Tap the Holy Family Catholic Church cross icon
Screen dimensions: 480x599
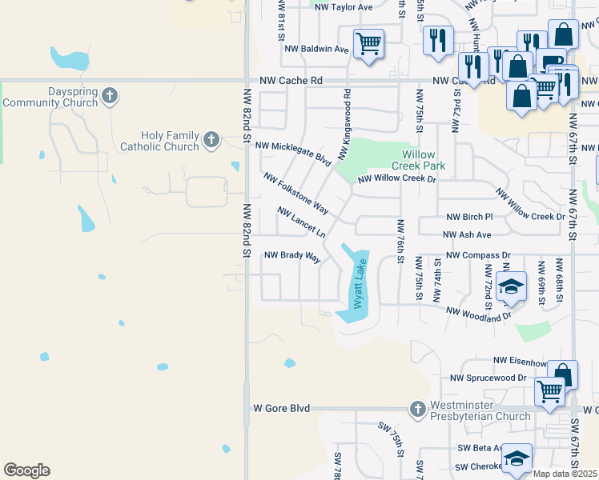click(x=211, y=141)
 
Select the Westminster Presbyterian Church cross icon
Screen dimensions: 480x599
click(x=417, y=410)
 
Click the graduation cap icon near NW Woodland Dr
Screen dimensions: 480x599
click(x=511, y=286)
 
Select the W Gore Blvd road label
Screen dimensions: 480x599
click(x=281, y=408)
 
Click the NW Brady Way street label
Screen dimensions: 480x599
click(x=292, y=257)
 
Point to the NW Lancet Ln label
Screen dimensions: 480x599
click(x=301, y=222)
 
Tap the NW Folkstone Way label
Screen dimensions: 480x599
click(x=295, y=193)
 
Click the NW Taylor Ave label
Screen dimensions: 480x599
click(x=344, y=7)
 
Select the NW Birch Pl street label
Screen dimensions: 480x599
click(x=469, y=217)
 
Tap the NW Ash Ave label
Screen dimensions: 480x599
click(x=467, y=234)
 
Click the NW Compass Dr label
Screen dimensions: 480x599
click(x=478, y=255)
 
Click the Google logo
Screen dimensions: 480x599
click(x=26, y=470)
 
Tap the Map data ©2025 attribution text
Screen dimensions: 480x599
click(x=565, y=474)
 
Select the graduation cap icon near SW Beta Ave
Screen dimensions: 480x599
click(x=517, y=457)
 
